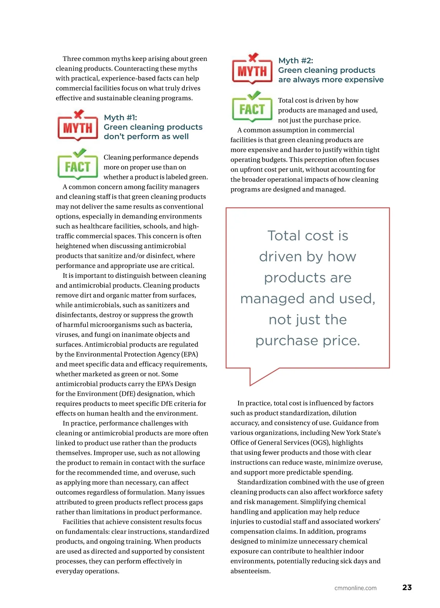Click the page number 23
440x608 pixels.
(x=407, y=587)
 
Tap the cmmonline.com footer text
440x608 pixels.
(x=355, y=588)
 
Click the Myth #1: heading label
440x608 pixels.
(x=120, y=117)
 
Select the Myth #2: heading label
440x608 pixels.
(x=296, y=61)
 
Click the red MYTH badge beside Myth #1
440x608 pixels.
(x=78, y=128)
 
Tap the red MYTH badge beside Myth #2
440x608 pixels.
(x=252, y=71)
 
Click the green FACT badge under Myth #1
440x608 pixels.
(x=78, y=167)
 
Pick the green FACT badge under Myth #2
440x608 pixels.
(x=252, y=109)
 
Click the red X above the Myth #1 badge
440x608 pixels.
(x=78, y=114)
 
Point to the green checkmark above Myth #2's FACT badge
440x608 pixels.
(x=253, y=95)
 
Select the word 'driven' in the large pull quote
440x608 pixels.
(x=280, y=257)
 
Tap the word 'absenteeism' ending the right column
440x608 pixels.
(x=250, y=571)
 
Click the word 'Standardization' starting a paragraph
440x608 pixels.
(x=262, y=482)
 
